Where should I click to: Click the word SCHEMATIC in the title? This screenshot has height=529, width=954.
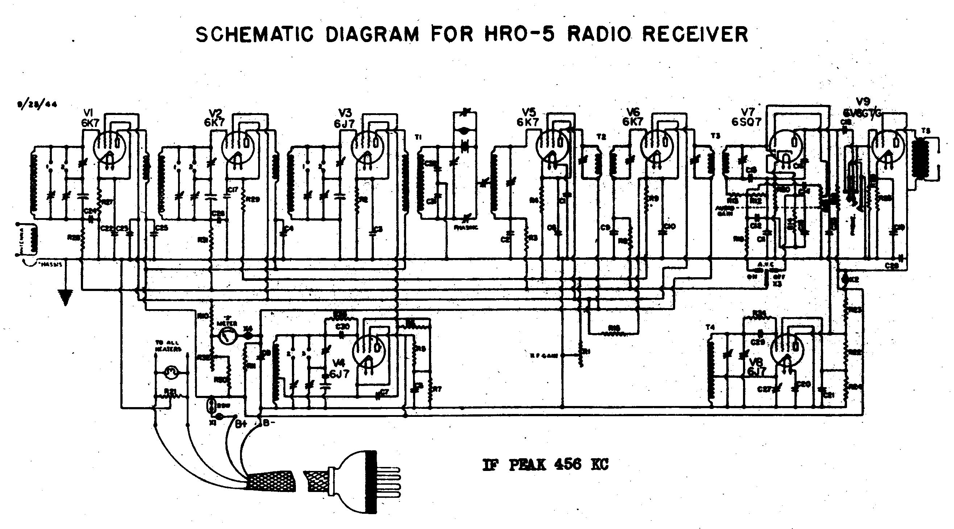click(x=255, y=35)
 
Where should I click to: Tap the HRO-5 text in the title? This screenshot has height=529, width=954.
click(x=520, y=35)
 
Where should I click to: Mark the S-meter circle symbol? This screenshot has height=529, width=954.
click(x=227, y=336)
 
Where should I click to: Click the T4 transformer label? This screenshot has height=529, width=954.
click(x=710, y=327)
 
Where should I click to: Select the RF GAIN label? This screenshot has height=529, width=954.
click(x=548, y=356)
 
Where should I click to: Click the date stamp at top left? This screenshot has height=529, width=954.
click(x=36, y=104)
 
